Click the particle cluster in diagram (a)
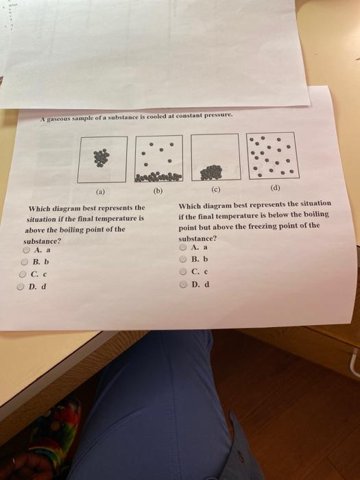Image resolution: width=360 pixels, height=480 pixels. click(x=101, y=158)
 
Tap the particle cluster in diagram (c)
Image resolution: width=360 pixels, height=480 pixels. click(x=211, y=172)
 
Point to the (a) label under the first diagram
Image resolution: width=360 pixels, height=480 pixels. click(x=100, y=192)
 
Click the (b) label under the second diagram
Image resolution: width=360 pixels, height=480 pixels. click(x=158, y=191)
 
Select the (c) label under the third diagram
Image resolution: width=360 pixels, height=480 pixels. click(x=215, y=189)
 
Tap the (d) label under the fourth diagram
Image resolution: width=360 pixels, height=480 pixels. click(x=275, y=188)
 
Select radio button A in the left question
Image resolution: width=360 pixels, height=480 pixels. click(x=27, y=250)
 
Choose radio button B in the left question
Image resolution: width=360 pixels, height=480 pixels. click(x=24, y=262)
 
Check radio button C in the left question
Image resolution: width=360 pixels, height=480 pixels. click(x=23, y=274)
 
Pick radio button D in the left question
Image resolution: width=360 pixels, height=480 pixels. click(x=20, y=287)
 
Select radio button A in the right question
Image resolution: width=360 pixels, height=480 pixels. click(x=183, y=247)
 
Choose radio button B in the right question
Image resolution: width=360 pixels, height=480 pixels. click(x=183, y=259)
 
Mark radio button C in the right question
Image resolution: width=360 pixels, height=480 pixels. click(x=183, y=272)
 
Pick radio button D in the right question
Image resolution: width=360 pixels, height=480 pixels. click(x=183, y=285)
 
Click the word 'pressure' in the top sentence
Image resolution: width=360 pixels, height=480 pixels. click(x=219, y=115)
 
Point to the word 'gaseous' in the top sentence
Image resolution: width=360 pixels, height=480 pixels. click(x=59, y=119)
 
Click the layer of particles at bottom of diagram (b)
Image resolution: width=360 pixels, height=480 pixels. click(x=158, y=177)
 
